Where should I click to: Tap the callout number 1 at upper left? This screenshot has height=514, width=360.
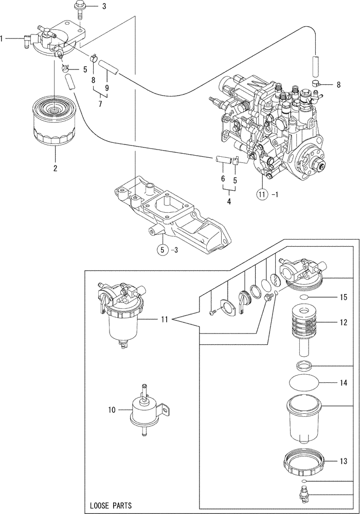tap(3, 38)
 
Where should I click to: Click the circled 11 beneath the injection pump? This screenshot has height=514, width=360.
tap(263, 194)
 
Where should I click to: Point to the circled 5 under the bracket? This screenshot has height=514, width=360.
tap(163, 250)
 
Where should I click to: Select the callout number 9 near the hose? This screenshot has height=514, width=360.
tap(107, 88)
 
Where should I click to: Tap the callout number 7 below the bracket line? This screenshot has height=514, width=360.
tap(100, 104)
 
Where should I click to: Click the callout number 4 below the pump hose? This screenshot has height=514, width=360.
tap(229, 201)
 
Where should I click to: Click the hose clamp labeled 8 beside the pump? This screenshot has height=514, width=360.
tap(316, 83)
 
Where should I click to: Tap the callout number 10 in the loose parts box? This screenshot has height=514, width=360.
tap(112, 410)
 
